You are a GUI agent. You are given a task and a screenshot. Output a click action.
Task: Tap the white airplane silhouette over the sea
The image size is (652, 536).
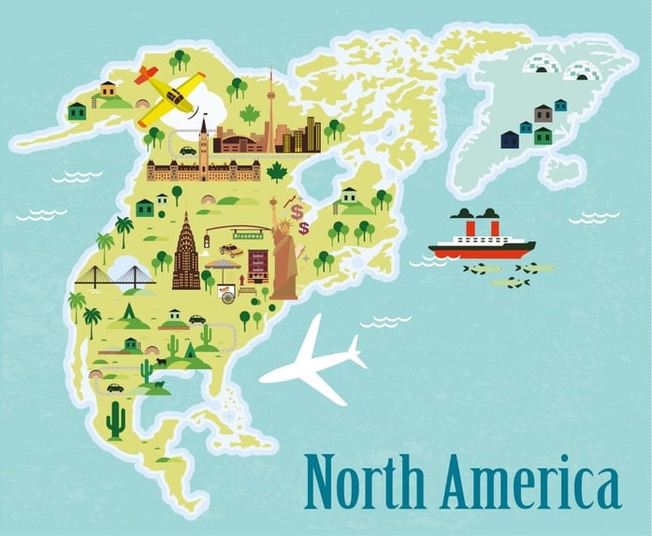point(312,361)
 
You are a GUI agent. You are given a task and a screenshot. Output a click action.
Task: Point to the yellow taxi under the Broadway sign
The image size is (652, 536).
point(230,249)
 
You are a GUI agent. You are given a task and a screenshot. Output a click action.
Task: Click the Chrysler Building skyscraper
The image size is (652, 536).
point(186,253)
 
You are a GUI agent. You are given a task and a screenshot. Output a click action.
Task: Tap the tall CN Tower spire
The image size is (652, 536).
point(271,108)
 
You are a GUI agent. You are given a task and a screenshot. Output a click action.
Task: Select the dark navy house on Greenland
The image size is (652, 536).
point(510,139)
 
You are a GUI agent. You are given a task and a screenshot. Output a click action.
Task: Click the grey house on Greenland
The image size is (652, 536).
point(543,113)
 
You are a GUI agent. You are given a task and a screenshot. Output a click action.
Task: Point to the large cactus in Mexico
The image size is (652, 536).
point(115,421)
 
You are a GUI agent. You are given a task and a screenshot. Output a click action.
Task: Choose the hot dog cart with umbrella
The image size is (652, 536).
point(225,281)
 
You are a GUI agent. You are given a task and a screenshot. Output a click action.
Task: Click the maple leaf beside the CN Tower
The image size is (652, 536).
point(249,115)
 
